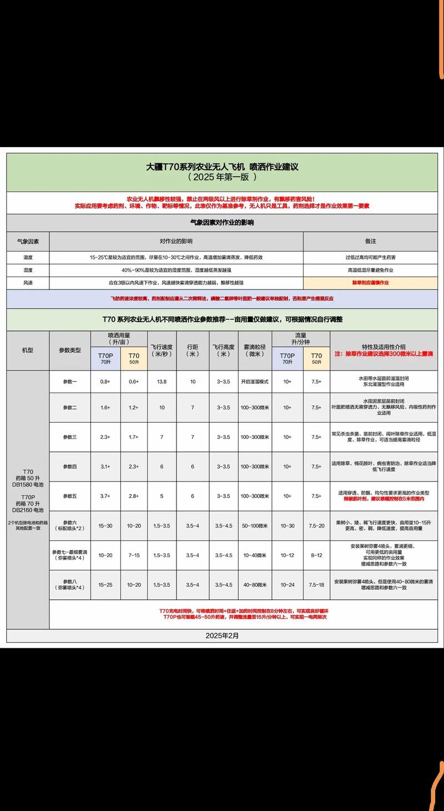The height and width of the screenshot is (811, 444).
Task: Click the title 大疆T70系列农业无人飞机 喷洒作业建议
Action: click(x=222, y=167)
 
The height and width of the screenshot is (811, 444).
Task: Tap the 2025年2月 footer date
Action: click(x=222, y=635)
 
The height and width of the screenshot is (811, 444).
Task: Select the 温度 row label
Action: click(x=28, y=258)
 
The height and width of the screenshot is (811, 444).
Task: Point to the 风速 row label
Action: click(x=28, y=283)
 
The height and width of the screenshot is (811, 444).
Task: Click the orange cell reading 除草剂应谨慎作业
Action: click(x=370, y=283)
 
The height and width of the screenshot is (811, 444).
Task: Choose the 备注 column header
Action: click(x=370, y=242)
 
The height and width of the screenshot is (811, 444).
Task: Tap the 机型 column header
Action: click(x=28, y=351)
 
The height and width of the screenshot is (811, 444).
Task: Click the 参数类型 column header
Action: click(x=70, y=351)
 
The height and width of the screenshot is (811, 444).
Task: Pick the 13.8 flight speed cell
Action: click(x=162, y=382)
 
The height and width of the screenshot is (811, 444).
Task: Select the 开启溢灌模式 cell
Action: click(x=254, y=382)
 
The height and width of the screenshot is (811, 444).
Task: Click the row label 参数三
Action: click(x=70, y=437)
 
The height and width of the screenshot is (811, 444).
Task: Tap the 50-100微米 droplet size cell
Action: click(x=254, y=525)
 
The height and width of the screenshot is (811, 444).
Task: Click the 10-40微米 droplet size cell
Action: click(x=254, y=555)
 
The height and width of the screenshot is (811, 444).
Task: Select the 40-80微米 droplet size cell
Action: click(x=254, y=584)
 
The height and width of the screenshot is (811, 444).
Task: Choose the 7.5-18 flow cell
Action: click(x=316, y=584)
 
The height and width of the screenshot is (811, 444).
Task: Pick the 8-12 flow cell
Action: click(x=316, y=555)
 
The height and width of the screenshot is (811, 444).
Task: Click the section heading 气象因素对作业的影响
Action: click(x=222, y=222)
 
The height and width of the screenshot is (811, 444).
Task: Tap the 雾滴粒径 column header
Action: click(x=254, y=351)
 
